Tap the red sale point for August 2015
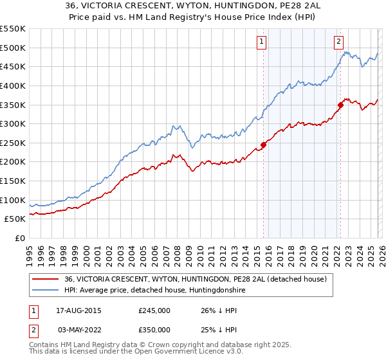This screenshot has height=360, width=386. pos(263,145)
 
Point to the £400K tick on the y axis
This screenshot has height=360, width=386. pos(13,85)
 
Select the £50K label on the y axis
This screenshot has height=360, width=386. pos(15,219)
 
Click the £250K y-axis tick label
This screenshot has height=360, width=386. pos(13,143)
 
